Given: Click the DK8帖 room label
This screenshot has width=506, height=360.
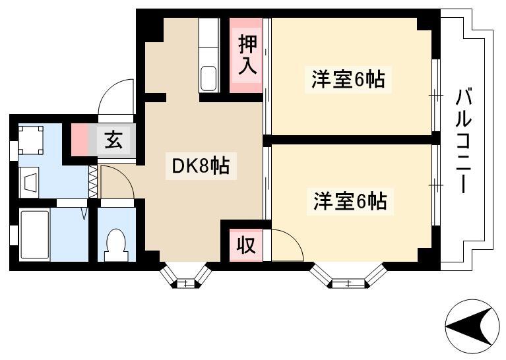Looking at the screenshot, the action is (x=201, y=165).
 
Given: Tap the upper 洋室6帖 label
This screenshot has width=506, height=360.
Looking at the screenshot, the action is (x=348, y=79).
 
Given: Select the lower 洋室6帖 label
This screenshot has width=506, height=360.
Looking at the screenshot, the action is (x=350, y=201).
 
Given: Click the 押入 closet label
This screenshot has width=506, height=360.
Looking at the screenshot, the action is (x=247, y=55).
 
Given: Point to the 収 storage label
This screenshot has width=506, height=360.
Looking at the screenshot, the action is (x=246, y=245).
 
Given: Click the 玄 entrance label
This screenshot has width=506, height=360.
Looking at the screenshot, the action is (x=114, y=140).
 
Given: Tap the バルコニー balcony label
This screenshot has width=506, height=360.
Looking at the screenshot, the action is (x=464, y=141).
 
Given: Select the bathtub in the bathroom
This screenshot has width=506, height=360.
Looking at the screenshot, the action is (x=35, y=234).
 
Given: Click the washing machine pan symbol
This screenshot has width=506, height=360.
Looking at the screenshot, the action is (x=30, y=140).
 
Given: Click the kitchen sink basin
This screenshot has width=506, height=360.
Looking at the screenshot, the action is (x=208, y=78).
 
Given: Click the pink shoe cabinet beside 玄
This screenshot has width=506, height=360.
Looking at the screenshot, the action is (x=79, y=140).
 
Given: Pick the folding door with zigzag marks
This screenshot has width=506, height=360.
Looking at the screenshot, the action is (x=93, y=181).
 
